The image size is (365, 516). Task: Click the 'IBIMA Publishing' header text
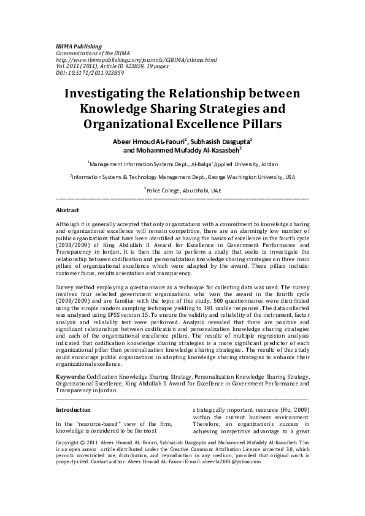pyautogui.click(x=79, y=46)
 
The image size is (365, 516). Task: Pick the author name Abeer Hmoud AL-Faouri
pyautogui.click(x=153, y=140)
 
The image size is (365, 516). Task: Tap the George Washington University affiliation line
pyautogui.click(x=182, y=177)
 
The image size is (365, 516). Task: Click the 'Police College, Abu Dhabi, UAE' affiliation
pyautogui.click(x=183, y=191)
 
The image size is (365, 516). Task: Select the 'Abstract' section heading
pyautogui.click(x=67, y=210)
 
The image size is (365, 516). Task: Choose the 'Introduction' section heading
pyautogui.click(x=73, y=409)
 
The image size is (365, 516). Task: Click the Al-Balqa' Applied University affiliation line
pyautogui.click(x=182, y=164)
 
